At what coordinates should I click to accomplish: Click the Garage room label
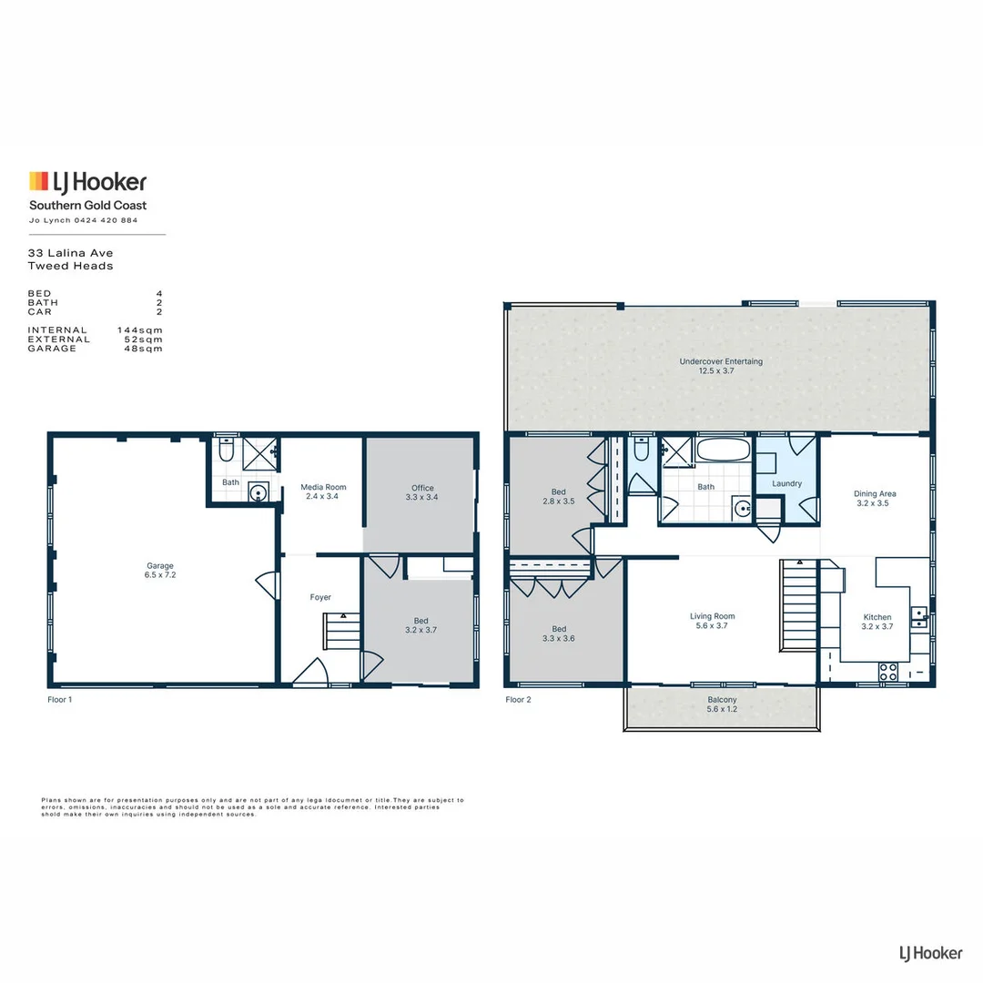click(x=160, y=565)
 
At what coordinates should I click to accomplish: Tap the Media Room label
click(x=323, y=487)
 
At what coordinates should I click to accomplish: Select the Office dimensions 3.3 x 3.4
click(x=422, y=497)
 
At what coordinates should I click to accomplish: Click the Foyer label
click(x=320, y=597)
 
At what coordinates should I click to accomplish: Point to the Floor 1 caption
click(x=59, y=700)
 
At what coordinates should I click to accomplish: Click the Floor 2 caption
click(x=518, y=700)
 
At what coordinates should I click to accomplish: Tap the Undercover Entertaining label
click(x=721, y=361)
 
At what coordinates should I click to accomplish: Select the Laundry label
click(x=786, y=484)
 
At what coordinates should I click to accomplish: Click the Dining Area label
click(x=875, y=494)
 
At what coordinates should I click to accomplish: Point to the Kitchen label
click(x=877, y=617)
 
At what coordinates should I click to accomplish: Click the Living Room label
click(x=712, y=616)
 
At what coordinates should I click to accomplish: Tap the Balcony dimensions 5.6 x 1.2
click(x=722, y=709)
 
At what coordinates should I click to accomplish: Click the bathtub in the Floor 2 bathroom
click(x=724, y=450)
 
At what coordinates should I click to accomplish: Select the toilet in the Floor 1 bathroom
click(x=227, y=449)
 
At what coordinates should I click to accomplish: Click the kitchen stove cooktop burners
click(x=887, y=672)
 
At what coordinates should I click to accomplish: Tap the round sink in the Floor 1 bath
click(x=258, y=492)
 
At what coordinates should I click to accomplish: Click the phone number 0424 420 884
click(x=106, y=220)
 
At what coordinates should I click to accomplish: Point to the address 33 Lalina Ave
click(x=70, y=253)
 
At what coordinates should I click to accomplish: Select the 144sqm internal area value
click(x=140, y=330)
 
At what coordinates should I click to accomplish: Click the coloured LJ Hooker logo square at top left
click(x=39, y=181)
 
